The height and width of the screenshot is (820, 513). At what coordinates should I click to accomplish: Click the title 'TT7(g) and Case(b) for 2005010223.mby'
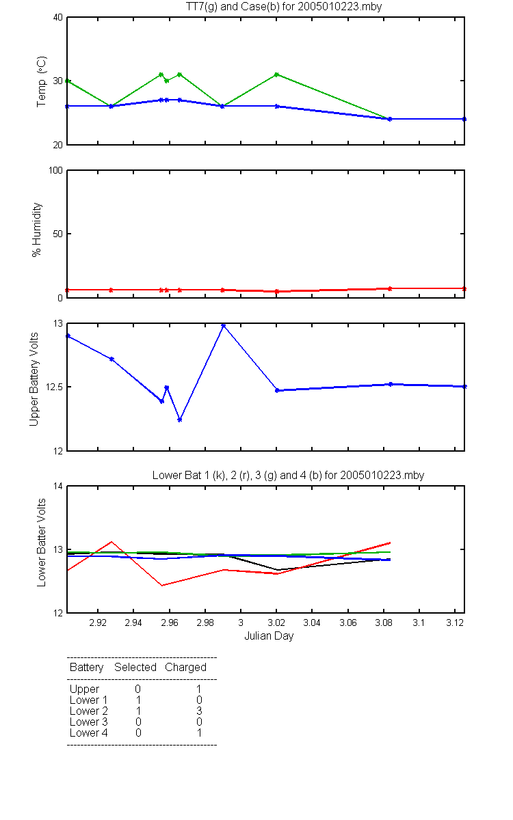coord(284,7)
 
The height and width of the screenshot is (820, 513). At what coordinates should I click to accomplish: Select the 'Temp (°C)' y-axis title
coord(42,81)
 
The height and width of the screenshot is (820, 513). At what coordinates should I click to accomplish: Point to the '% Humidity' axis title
coord(37,230)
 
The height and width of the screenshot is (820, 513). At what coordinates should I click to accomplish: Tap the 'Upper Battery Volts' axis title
coord(34,379)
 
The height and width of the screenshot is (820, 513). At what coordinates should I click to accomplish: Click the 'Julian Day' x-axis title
coord(269,636)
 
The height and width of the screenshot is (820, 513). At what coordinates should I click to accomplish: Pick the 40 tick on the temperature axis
coord(58,18)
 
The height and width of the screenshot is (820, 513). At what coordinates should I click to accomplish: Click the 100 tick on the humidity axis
coord(55,171)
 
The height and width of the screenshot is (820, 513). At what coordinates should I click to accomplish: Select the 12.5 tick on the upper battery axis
coord(53,387)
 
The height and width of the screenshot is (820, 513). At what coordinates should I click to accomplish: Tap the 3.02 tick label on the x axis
coord(276,623)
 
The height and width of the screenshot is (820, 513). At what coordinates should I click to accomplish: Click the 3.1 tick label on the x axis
coord(419,623)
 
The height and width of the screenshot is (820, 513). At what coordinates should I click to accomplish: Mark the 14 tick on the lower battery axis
coord(58,486)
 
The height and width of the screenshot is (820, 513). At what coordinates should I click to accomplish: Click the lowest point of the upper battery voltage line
coord(179,420)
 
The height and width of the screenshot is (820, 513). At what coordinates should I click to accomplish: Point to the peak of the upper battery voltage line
coord(223,325)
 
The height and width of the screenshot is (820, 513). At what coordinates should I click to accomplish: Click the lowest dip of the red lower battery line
coord(162,586)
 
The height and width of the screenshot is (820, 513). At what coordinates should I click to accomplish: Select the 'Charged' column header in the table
coord(185,668)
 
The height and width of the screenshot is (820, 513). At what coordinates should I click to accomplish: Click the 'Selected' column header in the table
coord(135,668)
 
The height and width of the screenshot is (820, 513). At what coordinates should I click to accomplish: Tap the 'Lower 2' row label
coord(89,711)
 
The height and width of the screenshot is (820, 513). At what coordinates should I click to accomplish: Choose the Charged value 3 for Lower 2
coord(199,711)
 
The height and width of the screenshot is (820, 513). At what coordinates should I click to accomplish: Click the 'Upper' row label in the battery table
coord(84,689)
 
